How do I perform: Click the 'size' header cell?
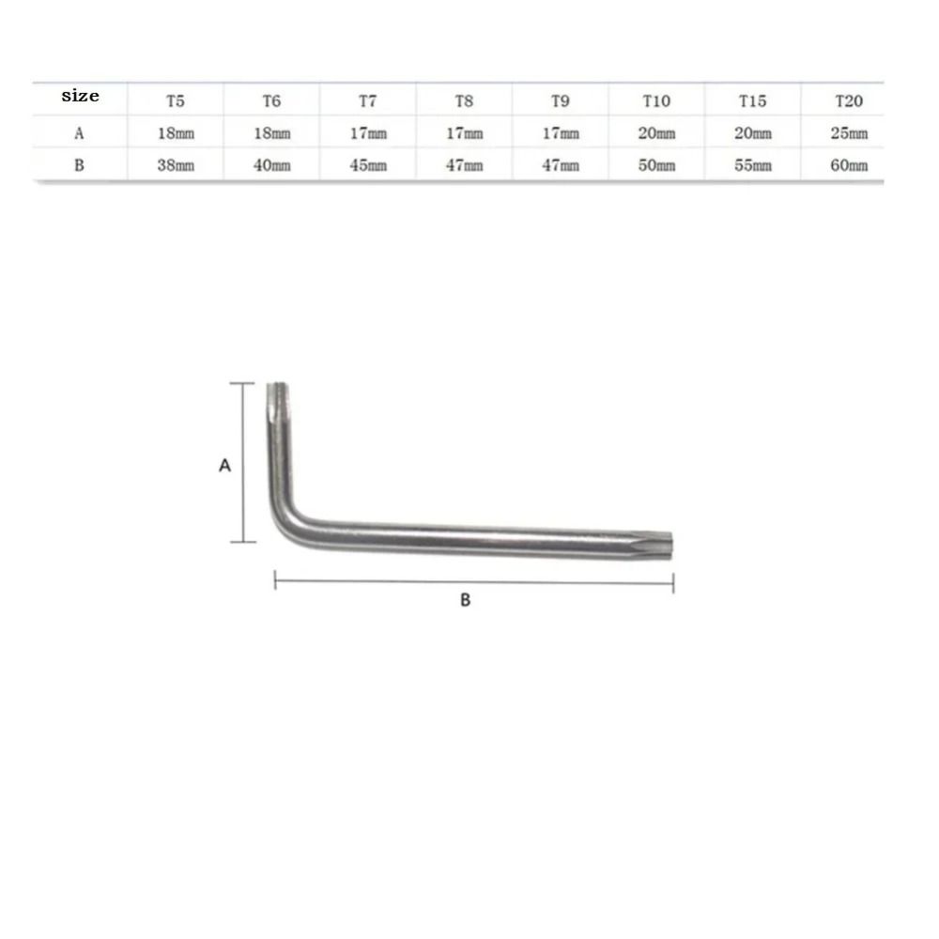(x=80, y=97)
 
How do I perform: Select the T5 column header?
(x=176, y=100)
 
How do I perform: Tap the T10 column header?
(x=656, y=100)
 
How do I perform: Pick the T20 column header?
(x=848, y=100)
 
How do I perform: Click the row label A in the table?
(x=80, y=133)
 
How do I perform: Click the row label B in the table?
(x=80, y=165)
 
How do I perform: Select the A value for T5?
(x=176, y=133)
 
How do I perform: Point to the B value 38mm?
(x=176, y=165)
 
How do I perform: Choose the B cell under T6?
(x=272, y=165)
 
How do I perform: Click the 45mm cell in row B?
(x=368, y=165)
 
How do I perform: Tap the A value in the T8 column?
(x=464, y=133)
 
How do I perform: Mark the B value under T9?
(x=561, y=165)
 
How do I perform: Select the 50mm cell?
(x=656, y=165)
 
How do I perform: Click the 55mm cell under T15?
(x=752, y=165)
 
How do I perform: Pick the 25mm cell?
(x=848, y=133)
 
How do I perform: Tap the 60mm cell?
(x=848, y=165)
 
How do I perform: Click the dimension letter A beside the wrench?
(x=224, y=465)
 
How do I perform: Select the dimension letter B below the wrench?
(x=465, y=600)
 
